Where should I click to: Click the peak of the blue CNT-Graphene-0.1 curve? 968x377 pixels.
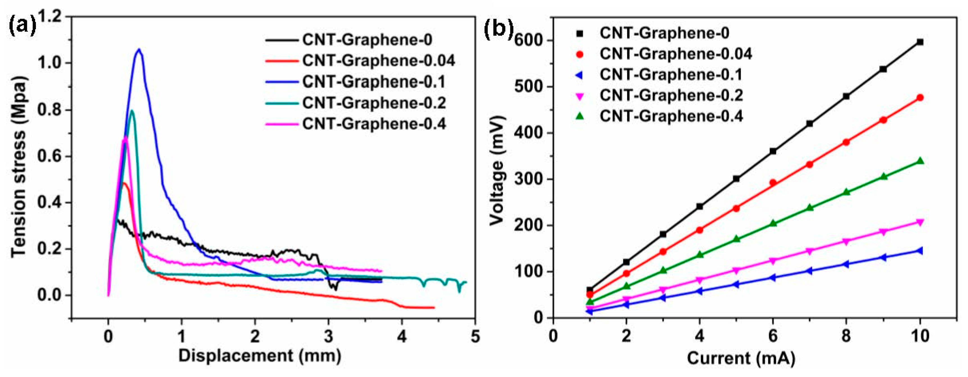coord(139,49)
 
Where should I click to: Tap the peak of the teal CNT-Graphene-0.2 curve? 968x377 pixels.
coord(132,111)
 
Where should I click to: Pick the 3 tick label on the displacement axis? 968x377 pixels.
coord(328,336)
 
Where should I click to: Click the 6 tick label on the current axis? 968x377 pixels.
coord(773,336)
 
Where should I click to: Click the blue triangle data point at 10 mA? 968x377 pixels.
coord(919,251)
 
